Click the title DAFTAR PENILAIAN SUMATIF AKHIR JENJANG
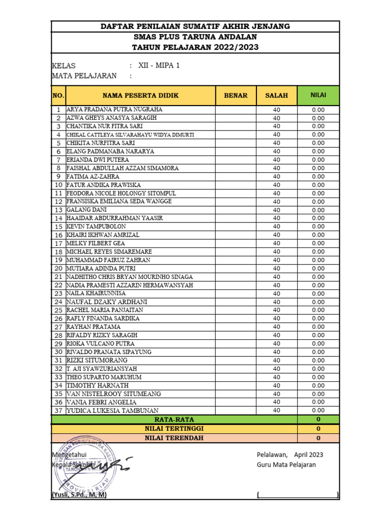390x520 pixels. point(195,26)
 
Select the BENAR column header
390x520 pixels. point(236,95)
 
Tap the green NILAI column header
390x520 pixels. point(318,95)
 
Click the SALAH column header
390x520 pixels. point(276,95)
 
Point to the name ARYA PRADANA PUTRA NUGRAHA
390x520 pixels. point(115,110)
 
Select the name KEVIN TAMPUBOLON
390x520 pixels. point(96,226)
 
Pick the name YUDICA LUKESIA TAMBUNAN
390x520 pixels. point(112,410)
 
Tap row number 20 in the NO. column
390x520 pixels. point(58,268)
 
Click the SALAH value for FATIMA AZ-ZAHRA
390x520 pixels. point(276,177)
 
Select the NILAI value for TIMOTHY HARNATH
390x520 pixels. point(318,385)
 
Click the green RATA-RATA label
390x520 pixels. point(174,419)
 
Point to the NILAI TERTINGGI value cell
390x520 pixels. point(318,429)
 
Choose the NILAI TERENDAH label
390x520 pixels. point(174,438)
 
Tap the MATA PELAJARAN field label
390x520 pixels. point(84,76)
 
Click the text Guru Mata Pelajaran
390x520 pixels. point(286,465)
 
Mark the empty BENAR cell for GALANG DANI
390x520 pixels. point(236,210)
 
